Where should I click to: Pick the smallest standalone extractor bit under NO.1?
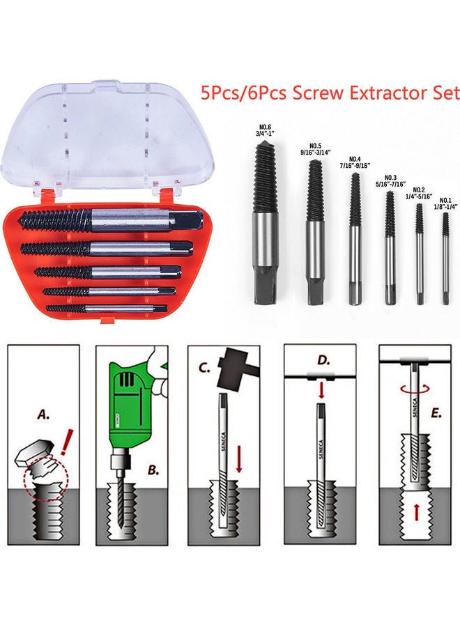click(x=444, y=258)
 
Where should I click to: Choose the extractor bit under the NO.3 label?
click(x=390, y=244)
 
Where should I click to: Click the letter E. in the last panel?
click(x=437, y=413)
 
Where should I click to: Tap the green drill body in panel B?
click(x=132, y=404)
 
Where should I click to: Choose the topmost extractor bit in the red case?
click(x=112, y=221)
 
